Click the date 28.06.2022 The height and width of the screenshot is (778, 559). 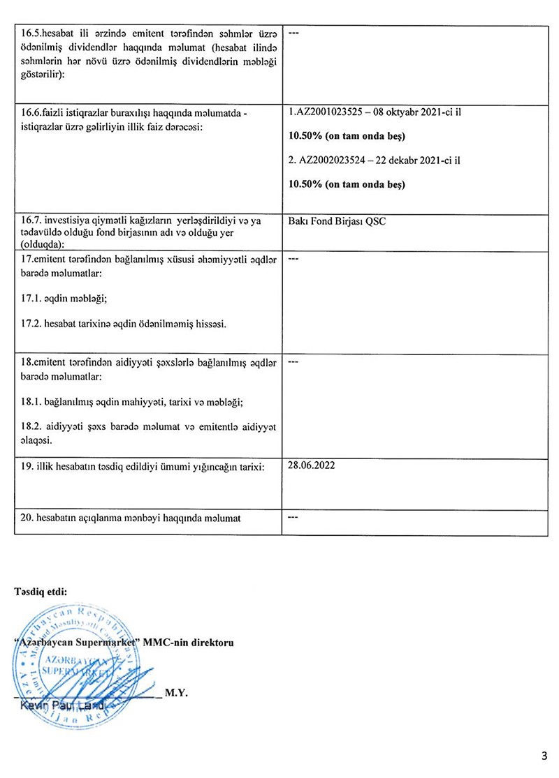point(311,465)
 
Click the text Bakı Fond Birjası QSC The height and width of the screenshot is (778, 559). point(337,221)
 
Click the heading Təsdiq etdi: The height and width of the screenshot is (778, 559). point(41,592)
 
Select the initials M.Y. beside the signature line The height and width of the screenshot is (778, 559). point(176,694)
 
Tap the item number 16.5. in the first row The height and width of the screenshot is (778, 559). point(32,33)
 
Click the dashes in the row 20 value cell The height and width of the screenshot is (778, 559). point(293,518)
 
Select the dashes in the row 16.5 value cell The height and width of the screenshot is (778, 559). point(293,33)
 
